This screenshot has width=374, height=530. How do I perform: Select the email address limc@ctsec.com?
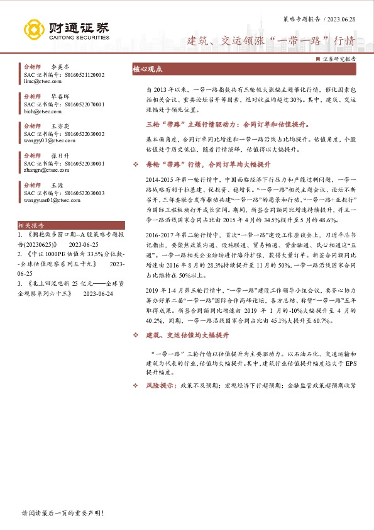[41, 82]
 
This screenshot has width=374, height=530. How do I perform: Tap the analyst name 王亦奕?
[60, 125]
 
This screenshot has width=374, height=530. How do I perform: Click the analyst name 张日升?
[60, 154]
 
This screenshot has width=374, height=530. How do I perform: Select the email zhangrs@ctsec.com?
[44, 169]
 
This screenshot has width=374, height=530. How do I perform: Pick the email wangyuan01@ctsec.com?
[48, 200]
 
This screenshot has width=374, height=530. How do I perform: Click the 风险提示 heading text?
[161, 385]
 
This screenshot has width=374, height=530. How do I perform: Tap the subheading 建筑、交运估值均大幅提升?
[187, 335]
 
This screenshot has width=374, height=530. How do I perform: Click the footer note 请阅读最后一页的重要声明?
[62, 513]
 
